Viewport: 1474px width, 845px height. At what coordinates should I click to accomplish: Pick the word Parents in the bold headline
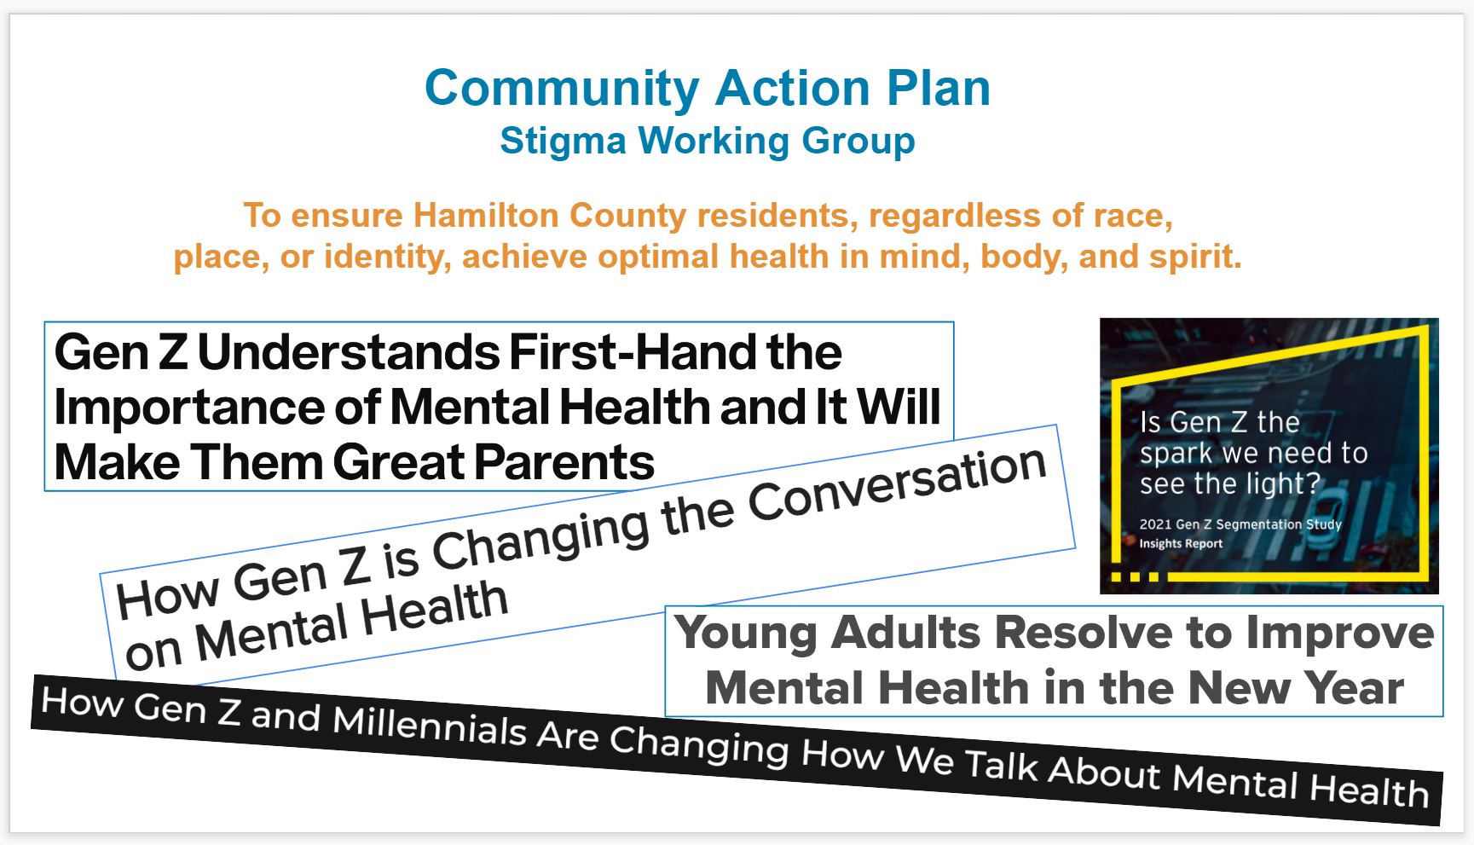(564, 463)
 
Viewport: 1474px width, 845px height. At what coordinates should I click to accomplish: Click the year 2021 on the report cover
(1155, 524)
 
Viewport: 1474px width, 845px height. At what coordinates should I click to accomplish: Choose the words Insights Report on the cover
(1182, 543)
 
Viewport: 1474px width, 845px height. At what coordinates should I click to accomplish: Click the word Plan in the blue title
(939, 89)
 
